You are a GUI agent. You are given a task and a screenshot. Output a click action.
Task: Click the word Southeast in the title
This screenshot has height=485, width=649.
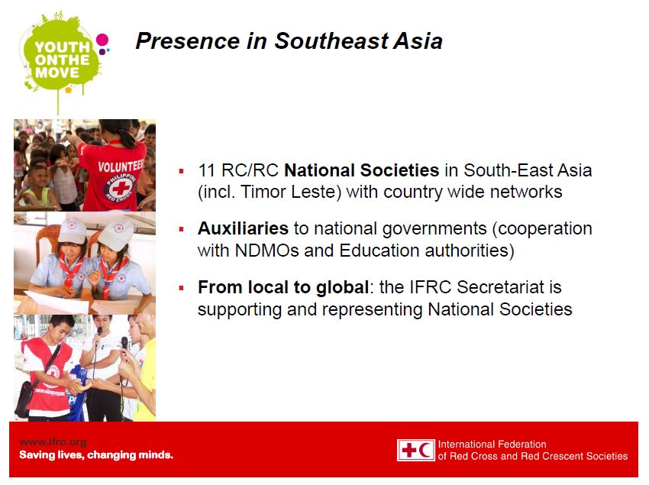[x=331, y=41]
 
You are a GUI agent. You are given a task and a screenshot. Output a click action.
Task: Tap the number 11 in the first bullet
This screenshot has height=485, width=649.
[x=206, y=170]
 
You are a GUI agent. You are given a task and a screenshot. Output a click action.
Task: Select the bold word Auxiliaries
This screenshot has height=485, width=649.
[x=243, y=228]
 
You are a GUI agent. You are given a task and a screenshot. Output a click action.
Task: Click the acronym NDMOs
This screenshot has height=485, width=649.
[x=266, y=251]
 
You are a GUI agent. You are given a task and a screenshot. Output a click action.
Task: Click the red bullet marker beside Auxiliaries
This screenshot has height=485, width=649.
[x=181, y=229]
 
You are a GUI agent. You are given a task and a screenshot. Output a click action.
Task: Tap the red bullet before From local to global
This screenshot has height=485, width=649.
[x=181, y=288]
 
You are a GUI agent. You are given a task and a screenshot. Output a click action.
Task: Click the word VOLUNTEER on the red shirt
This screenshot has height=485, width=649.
[x=121, y=166]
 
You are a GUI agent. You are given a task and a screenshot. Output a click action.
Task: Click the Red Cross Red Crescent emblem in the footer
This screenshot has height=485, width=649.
[x=415, y=450]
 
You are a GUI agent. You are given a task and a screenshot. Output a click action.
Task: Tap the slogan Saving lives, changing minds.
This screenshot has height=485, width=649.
[x=96, y=455]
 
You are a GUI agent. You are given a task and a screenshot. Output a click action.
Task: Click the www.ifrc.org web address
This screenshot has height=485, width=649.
[x=53, y=442]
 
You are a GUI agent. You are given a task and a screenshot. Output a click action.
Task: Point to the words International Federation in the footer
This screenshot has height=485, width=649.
[x=492, y=445]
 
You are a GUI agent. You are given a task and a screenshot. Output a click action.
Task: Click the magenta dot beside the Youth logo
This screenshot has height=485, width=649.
[x=102, y=40]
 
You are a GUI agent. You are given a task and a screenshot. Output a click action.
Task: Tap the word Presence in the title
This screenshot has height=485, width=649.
[x=188, y=41]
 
